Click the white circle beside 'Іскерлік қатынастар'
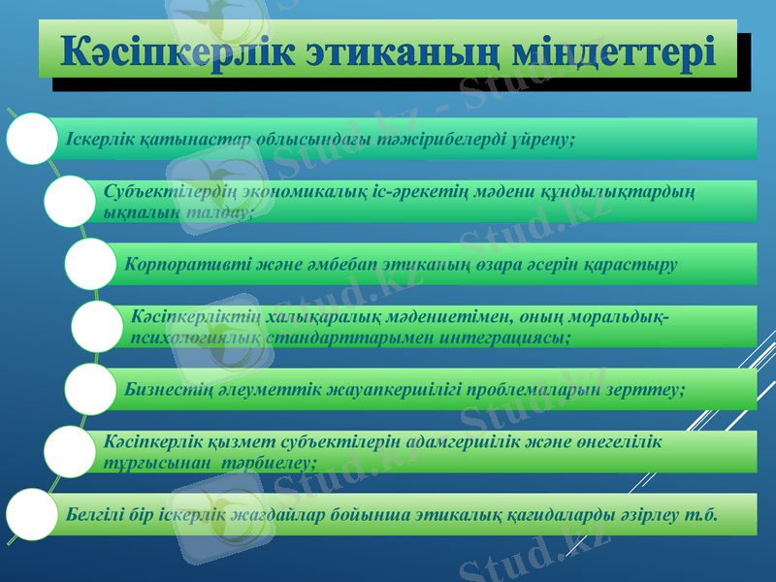point(33,139)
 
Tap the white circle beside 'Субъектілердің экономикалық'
point(72,201)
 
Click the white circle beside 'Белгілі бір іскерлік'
point(33,513)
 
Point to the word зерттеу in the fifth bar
point(650,388)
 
